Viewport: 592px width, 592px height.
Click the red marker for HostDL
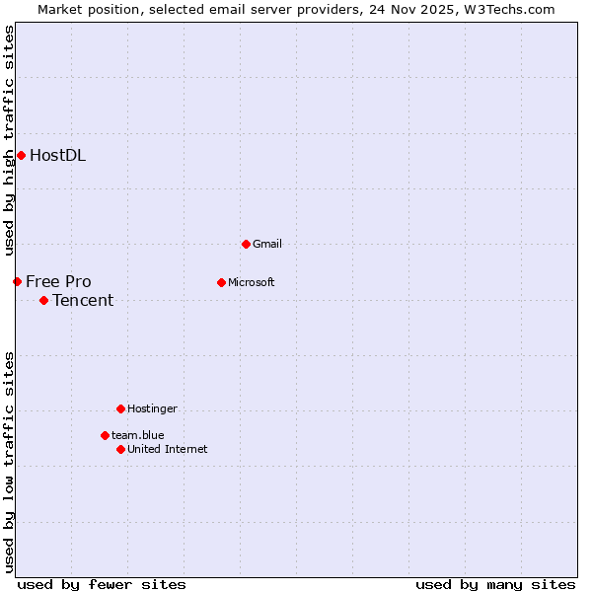(x=21, y=155)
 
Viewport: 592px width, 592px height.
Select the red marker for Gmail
(x=246, y=244)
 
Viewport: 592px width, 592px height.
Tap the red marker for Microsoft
(x=221, y=282)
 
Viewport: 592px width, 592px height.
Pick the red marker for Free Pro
(x=17, y=281)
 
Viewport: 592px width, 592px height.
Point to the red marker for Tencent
(x=43, y=300)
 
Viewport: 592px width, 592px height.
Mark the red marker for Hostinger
(x=120, y=408)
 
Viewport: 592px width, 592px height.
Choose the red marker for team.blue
(x=105, y=435)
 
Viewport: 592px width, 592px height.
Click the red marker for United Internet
(x=120, y=449)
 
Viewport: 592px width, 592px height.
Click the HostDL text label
(x=57, y=155)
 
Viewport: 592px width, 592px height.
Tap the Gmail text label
(x=267, y=244)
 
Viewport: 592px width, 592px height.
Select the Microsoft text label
(x=251, y=282)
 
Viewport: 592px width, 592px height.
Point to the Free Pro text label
(x=58, y=281)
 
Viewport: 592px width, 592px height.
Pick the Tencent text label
(x=83, y=300)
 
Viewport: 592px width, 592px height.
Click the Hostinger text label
(x=152, y=408)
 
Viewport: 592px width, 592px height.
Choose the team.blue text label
(x=137, y=435)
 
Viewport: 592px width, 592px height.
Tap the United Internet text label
(x=167, y=449)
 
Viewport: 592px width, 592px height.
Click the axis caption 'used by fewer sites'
(x=102, y=584)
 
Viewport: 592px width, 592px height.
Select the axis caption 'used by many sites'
(x=495, y=584)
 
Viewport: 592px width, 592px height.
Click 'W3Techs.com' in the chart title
(x=506, y=9)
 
